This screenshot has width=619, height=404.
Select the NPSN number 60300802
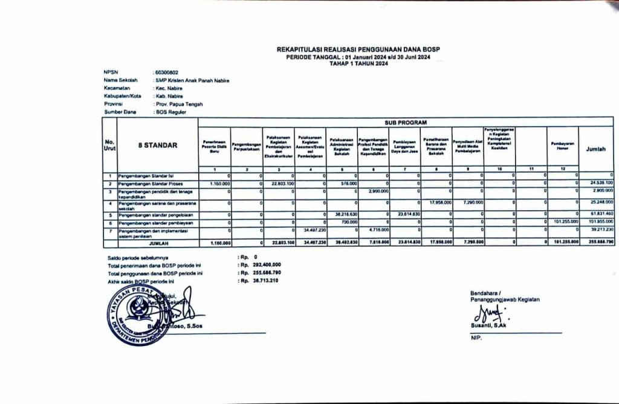pos(167,72)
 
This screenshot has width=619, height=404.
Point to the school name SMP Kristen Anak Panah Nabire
pos(192,80)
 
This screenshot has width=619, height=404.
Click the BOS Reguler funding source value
pos(172,112)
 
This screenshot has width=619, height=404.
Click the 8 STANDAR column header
pos(160,145)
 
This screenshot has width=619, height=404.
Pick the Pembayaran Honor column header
pos(562,146)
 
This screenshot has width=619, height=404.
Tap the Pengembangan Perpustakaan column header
pos(245,145)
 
